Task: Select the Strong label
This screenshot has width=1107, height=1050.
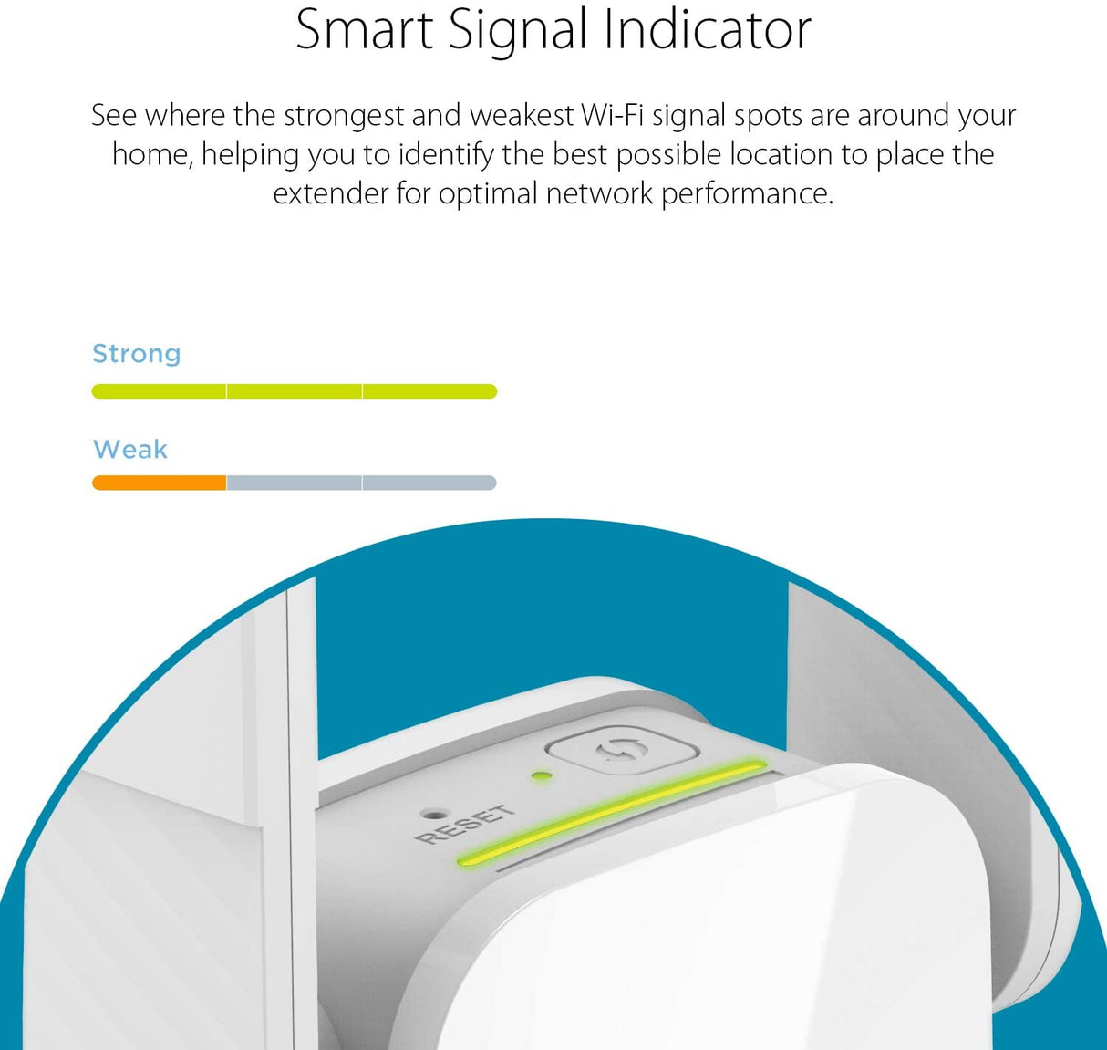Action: (x=137, y=354)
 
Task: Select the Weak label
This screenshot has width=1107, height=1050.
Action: (x=130, y=450)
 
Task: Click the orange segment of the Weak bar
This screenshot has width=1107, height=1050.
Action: (x=160, y=483)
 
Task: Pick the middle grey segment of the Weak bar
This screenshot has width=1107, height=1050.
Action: (x=294, y=483)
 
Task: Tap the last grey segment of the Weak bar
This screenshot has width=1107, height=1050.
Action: (x=429, y=483)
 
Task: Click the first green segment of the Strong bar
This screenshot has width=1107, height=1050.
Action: (x=160, y=391)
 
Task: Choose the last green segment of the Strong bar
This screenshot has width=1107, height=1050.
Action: (x=429, y=391)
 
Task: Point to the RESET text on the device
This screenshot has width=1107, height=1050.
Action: (x=464, y=825)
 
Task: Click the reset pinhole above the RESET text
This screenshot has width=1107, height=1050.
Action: (x=434, y=812)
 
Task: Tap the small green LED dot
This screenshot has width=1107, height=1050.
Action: (x=541, y=777)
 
